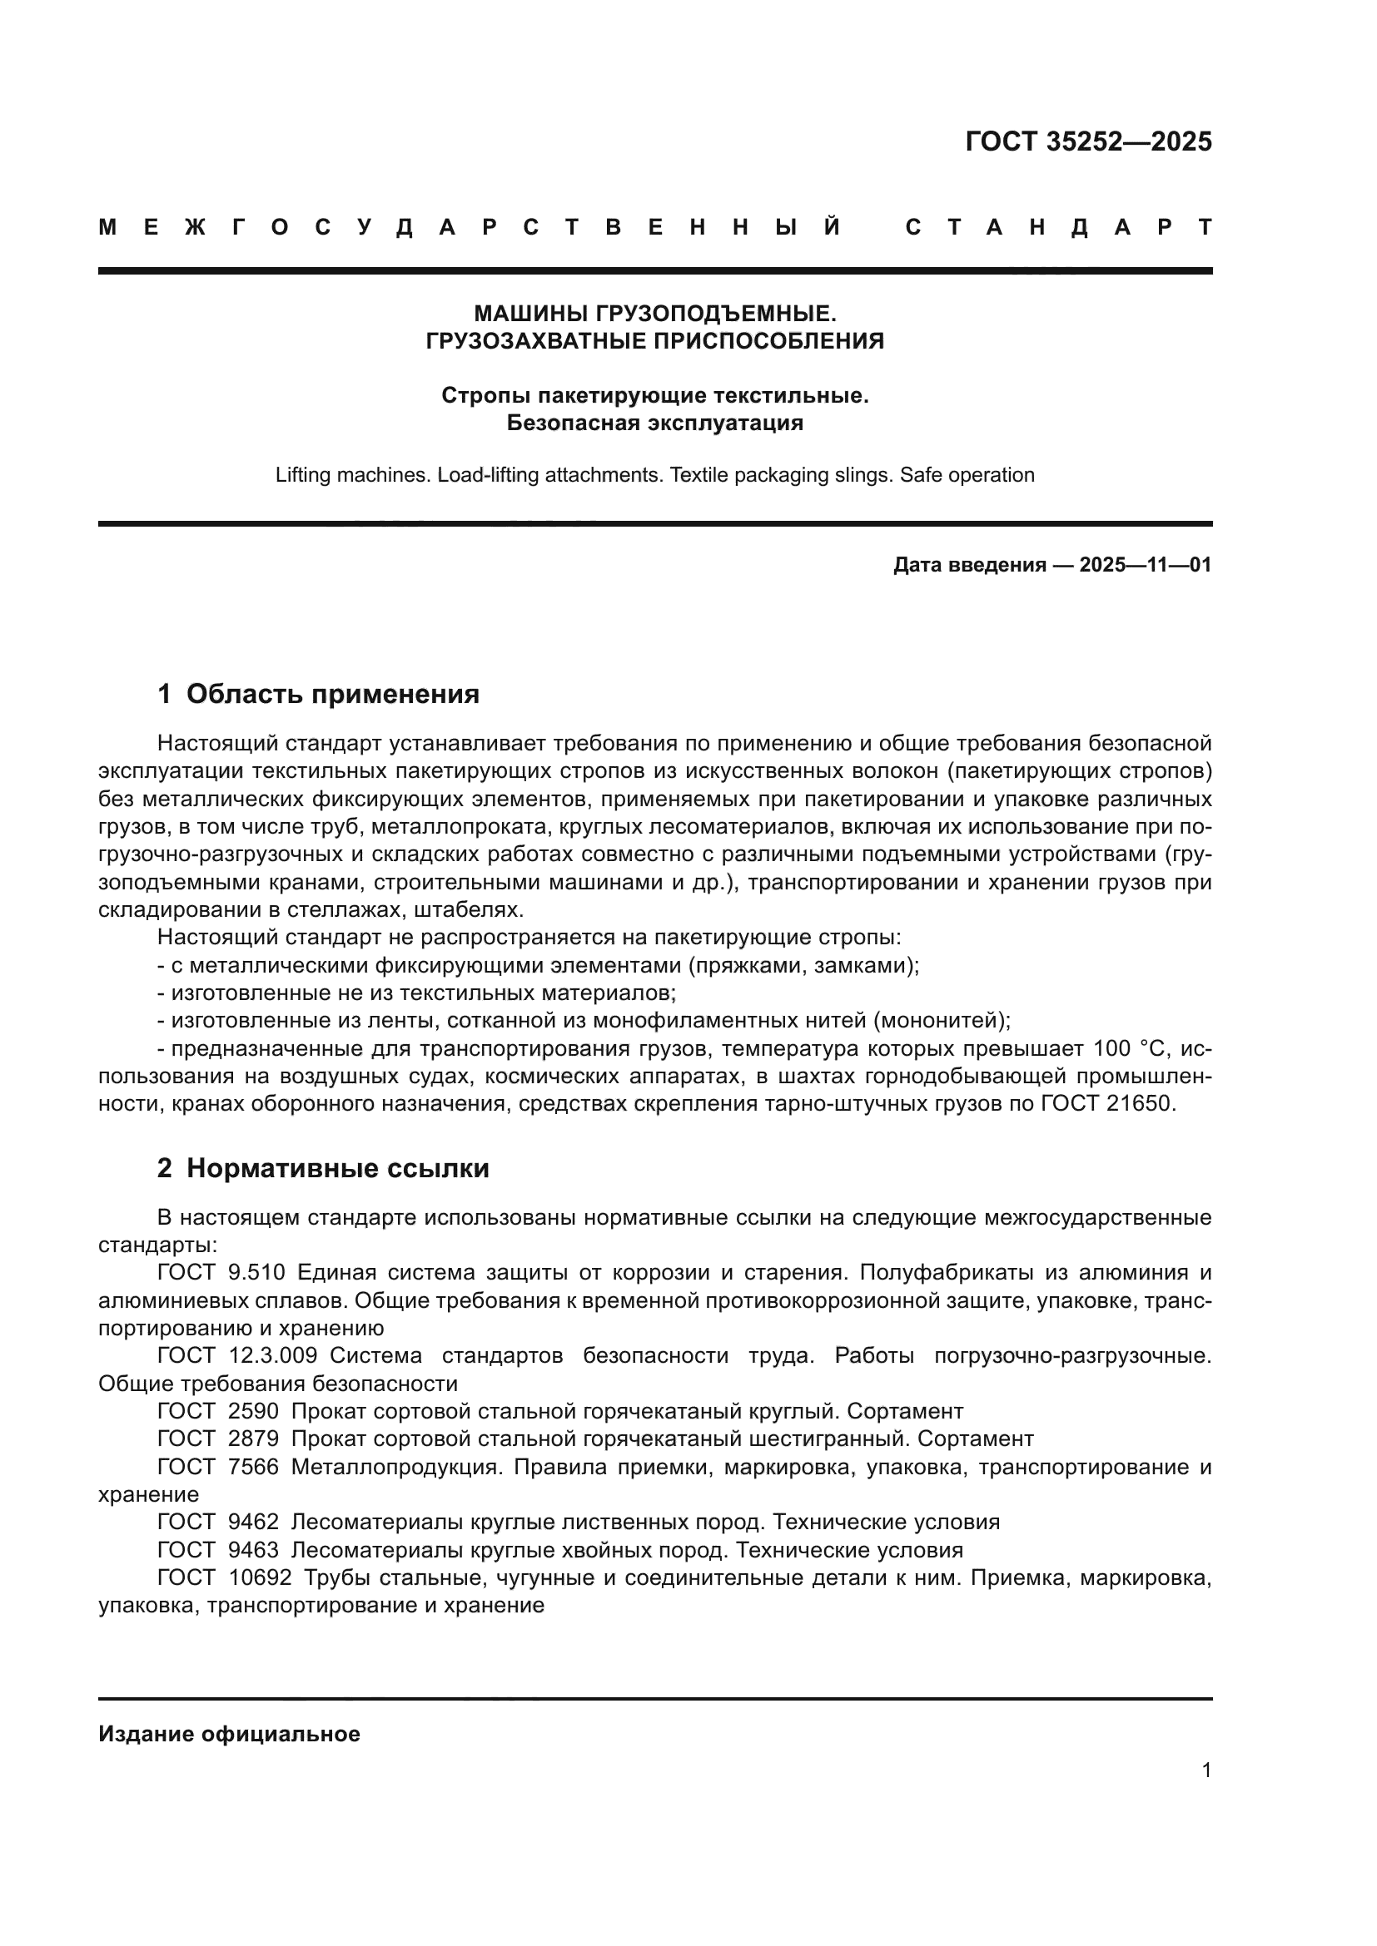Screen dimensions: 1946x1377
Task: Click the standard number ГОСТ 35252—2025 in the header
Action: (1088, 141)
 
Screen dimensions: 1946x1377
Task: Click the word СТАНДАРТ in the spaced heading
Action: (1058, 227)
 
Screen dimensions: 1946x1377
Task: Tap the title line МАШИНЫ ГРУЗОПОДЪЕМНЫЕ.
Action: (654, 314)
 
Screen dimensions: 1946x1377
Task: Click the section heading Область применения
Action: (332, 694)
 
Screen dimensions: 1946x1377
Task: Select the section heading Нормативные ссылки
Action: (337, 1169)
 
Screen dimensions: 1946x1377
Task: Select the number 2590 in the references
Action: (254, 1411)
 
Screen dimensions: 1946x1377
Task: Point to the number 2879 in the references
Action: (254, 1438)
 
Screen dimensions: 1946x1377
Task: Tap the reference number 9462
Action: (254, 1522)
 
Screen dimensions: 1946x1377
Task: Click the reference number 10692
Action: (260, 1578)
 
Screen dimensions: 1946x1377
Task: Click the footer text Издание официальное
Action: (229, 1734)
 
